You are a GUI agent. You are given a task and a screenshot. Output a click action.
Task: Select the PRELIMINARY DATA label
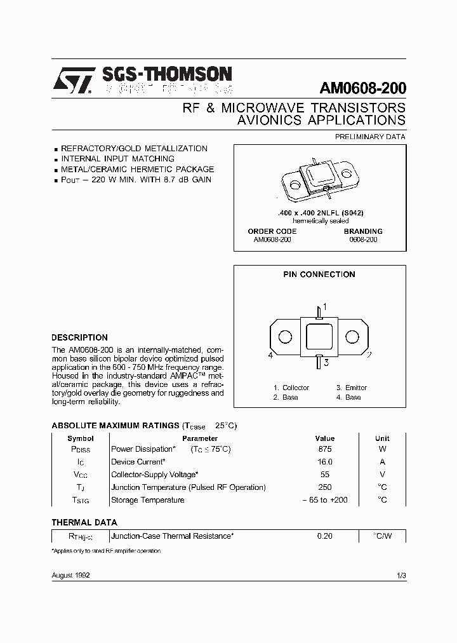click(x=370, y=137)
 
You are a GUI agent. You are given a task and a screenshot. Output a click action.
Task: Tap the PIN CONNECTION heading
click(x=319, y=274)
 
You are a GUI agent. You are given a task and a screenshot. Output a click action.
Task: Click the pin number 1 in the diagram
click(x=325, y=307)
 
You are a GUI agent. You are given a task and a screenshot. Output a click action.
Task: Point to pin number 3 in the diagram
click(x=326, y=363)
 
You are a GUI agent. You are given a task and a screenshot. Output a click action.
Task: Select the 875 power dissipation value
click(x=324, y=449)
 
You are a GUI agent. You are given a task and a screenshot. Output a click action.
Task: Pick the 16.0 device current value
click(x=324, y=462)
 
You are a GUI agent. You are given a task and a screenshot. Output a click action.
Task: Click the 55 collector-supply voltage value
click(x=324, y=475)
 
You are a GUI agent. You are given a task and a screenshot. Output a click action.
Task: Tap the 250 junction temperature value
click(x=324, y=487)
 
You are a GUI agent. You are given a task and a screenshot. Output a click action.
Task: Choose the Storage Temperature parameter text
click(x=148, y=500)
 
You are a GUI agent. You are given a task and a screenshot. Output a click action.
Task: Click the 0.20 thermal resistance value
click(x=324, y=536)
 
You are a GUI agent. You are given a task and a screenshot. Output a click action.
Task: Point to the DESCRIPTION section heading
click(x=79, y=337)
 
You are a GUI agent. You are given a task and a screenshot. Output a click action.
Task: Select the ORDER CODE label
click(x=272, y=231)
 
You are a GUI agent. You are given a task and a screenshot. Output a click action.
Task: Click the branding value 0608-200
click(x=363, y=240)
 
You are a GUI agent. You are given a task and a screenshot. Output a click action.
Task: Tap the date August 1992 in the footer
click(x=70, y=575)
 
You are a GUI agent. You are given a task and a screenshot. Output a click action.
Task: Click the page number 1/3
click(x=400, y=575)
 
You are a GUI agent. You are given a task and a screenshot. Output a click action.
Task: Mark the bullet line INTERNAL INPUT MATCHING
click(x=117, y=159)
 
